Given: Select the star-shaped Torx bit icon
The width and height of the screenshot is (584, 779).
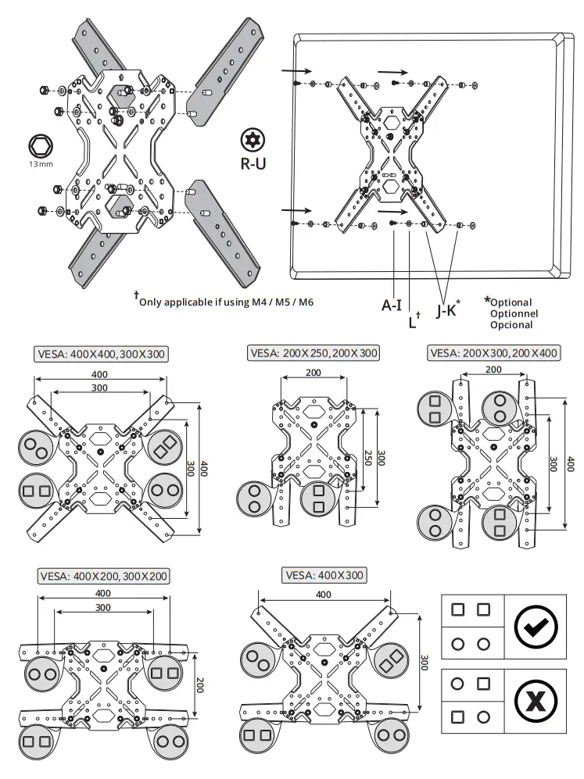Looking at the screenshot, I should coord(251,140).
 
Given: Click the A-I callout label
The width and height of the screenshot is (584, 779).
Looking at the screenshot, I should coord(392,306).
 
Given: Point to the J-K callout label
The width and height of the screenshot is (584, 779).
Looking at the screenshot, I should coord(448,310).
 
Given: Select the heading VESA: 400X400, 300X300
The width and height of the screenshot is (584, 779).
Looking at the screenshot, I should coord(101,354).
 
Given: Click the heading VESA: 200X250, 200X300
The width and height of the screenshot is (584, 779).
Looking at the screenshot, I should coord(313,353).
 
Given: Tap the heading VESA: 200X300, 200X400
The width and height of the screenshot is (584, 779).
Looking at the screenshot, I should coord(494,353).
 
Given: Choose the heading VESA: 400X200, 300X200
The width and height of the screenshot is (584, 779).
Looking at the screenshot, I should coord(102,577).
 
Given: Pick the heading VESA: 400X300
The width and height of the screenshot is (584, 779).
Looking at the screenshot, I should coord(325,575).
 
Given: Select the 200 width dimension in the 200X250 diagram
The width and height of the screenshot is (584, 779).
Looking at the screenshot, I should coord(313,373).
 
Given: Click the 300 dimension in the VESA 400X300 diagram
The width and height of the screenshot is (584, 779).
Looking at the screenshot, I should coord(423,663).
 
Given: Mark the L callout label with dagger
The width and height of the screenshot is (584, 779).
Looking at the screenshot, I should coord(414,320).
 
